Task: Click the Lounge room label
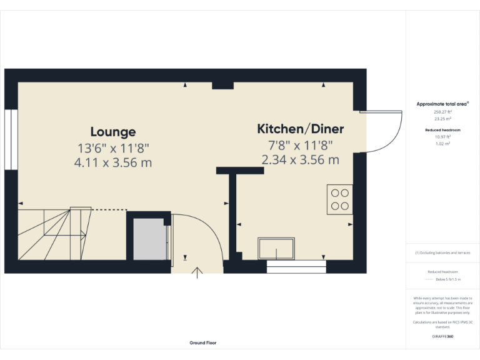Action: (x=112, y=132)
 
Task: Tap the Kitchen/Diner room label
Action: (x=301, y=129)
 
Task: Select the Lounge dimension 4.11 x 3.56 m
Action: (x=112, y=162)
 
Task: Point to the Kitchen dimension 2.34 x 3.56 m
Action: (x=301, y=159)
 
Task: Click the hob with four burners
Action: (x=340, y=199)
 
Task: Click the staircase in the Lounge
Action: (x=53, y=234)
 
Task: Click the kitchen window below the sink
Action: (x=296, y=267)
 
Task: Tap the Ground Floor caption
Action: (x=203, y=343)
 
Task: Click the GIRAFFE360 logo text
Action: (x=442, y=337)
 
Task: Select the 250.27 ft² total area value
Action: (x=442, y=112)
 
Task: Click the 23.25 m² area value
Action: (x=442, y=117)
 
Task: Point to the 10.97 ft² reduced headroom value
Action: (x=442, y=136)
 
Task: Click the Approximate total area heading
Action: (x=442, y=104)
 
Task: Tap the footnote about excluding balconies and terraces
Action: (x=442, y=252)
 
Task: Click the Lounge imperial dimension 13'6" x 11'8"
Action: (x=112, y=148)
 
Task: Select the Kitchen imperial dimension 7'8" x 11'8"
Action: (x=301, y=145)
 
